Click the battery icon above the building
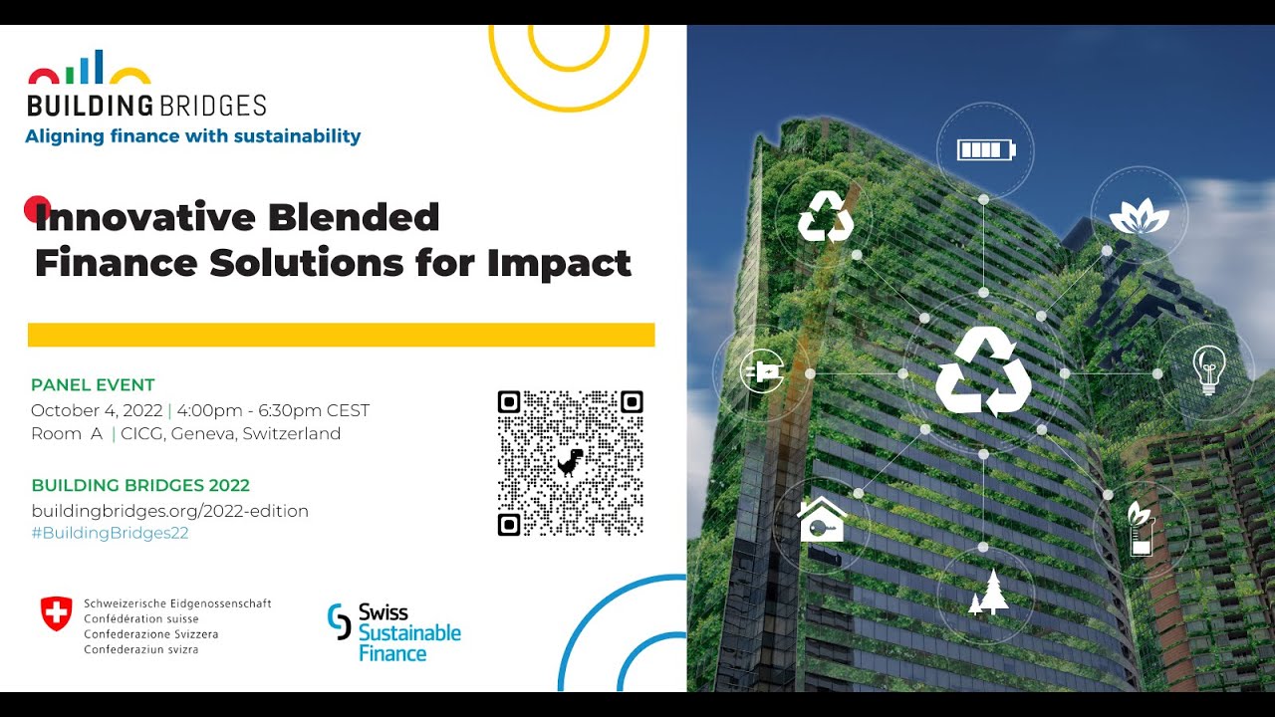[x=986, y=150]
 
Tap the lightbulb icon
[x=1208, y=369]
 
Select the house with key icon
[x=822, y=519]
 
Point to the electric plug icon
[x=762, y=372]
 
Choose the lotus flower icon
[x=1139, y=216]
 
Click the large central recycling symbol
[x=983, y=371]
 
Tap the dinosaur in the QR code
[x=570, y=462]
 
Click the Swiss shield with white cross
[x=56, y=613]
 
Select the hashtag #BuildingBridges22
[x=110, y=533]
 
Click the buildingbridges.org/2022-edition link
[x=169, y=511]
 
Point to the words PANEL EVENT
[x=93, y=384]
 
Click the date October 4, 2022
[x=97, y=410]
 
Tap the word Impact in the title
[x=559, y=264]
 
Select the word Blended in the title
[x=354, y=217]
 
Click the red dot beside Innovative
[x=38, y=209]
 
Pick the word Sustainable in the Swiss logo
[x=409, y=632]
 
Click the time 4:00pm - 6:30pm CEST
[x=273, y=410]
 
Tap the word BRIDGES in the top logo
[x=213, y=106]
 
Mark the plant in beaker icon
[x=1141, y=529]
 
